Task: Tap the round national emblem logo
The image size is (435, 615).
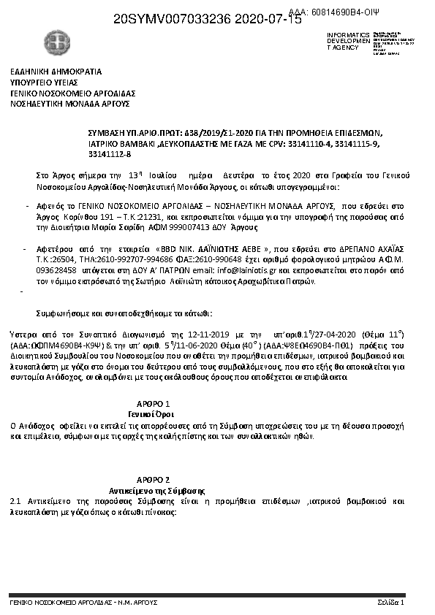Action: click(55, 40)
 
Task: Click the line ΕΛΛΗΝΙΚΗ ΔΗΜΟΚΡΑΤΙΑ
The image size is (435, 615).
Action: click(56, 72)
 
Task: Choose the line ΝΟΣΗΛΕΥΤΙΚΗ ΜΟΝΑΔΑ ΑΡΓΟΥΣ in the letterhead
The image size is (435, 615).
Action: click(69, 104)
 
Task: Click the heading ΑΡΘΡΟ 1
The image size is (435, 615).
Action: click(154, 403)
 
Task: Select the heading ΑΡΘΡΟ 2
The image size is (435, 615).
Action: click(154, 478)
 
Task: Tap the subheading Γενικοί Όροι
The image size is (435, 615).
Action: click(154, 413)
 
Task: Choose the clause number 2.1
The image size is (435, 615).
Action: click(15, 503)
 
